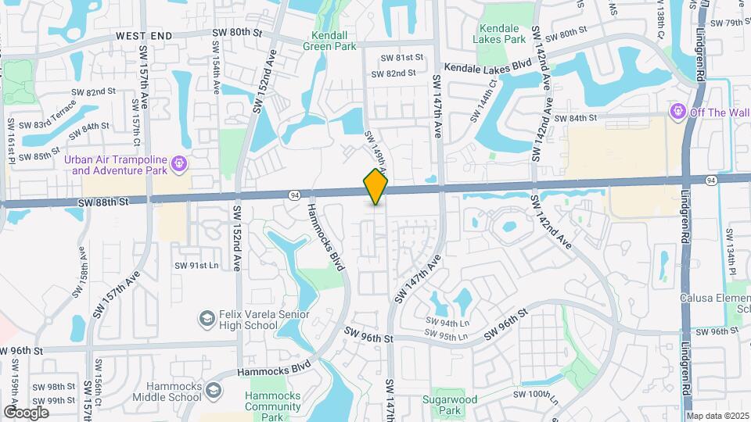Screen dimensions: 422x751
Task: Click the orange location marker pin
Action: click(375, 187)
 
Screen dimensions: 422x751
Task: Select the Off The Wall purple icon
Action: click(678, 113)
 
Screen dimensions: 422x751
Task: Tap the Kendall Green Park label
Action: click(334, 40)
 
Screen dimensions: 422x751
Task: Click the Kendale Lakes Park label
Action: click(501, 34)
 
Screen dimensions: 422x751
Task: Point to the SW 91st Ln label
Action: click(196, 266)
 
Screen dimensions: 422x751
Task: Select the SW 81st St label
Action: click(401, 58)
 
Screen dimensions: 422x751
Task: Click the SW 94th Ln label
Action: click(447, 323)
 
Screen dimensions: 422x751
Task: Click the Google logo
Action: click(25, 412)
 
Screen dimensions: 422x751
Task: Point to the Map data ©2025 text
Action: click(717, 416)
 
